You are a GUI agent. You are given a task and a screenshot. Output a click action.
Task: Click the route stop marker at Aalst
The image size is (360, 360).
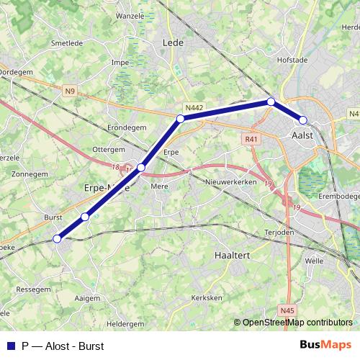tap(303, 120)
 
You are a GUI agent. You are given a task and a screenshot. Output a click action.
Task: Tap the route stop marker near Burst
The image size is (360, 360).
tap(85, 217)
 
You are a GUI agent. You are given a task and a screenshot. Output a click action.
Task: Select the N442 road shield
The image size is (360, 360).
tap(194, 108)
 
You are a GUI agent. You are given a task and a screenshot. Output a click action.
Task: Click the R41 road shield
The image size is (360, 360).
tap(251, 140)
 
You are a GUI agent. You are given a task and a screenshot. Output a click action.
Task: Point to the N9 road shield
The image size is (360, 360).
tap(69, 91)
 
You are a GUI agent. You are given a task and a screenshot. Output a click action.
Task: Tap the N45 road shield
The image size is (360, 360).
tap(287, 310)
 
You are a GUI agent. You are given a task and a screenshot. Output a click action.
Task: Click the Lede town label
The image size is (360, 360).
tap(174, 42)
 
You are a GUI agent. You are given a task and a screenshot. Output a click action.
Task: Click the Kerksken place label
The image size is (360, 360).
tap(207, 297)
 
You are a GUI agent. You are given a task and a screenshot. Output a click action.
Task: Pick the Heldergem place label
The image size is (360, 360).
tap(125, 324)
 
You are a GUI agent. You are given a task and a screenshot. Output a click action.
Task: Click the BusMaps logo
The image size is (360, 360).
tap(325, 345)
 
